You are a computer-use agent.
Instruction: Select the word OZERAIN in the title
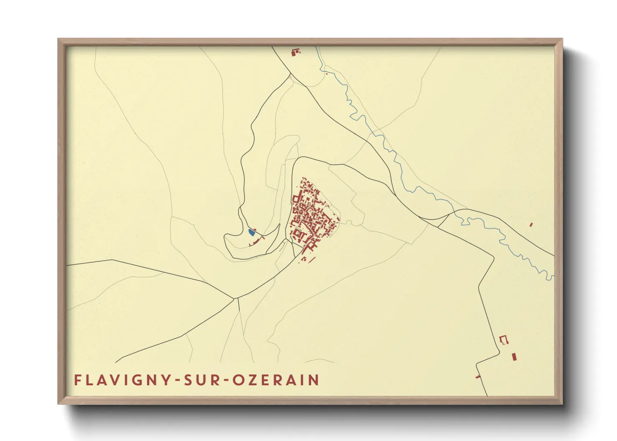(x=276, y=380)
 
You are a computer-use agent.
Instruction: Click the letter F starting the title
(x=78, y=380)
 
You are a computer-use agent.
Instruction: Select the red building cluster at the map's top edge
(x=296, y=52)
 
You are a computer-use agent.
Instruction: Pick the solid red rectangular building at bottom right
(x=514, y=357)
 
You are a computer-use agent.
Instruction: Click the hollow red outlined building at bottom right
(x=504, y=340)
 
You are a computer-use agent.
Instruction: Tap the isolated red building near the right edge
(x=531, y=225)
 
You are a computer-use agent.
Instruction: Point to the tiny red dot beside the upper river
(x=327, y=74)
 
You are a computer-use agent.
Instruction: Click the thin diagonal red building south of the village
(x=312, y=259)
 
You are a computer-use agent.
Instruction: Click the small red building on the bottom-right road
(x=478, y=377)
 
